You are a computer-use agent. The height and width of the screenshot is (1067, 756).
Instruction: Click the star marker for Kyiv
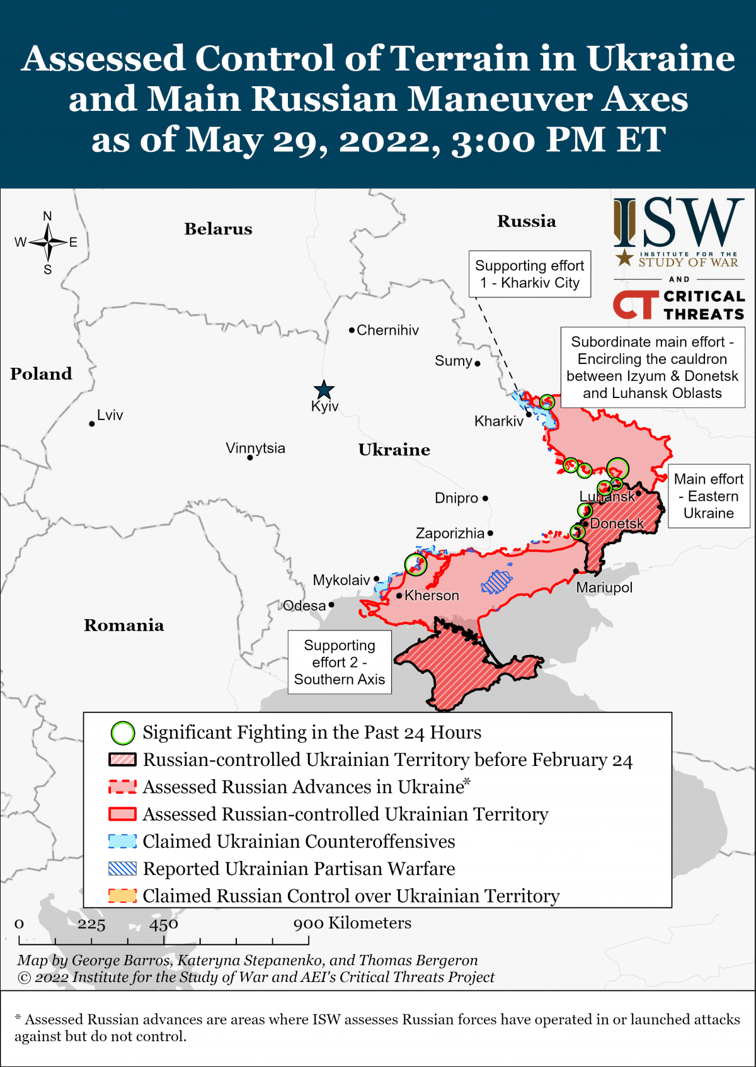[x=324, y=390]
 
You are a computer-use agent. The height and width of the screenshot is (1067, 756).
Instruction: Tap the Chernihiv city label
[x=387, y=330]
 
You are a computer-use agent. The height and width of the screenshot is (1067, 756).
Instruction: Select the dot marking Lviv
[x=92, y=424]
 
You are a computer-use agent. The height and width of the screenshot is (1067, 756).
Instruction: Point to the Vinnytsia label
[x=255, y=448]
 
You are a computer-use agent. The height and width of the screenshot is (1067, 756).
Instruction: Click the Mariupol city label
[x=604, y=588]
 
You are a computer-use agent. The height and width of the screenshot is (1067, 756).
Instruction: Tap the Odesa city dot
[x=331, y=605]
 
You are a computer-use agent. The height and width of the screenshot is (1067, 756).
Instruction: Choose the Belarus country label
[x=218, y=229]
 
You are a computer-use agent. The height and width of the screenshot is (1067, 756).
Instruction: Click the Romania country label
[x=124, y=625]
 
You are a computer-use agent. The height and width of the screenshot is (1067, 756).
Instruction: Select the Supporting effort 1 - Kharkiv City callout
[x=529, y=274]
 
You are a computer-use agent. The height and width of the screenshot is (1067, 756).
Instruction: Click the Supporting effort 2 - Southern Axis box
[x=340, y=662]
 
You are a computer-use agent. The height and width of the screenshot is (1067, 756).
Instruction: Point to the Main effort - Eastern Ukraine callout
[x=709, y=496]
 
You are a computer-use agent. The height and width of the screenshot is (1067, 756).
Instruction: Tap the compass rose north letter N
[x=47, y=216]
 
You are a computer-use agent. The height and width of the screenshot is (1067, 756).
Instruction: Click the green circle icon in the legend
[x=123, y=733]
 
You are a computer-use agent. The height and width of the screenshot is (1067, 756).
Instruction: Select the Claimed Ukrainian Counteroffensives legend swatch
[x=122, y=842]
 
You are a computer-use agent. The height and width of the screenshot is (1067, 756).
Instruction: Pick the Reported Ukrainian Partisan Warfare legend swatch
[x=122, y=869]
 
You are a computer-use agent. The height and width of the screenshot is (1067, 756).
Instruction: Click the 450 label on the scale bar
[x=164, y=924]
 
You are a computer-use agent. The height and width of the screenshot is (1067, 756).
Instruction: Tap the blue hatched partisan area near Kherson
[x=496, y=581]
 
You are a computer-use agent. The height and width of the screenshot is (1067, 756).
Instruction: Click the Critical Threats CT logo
[x=635, y=305]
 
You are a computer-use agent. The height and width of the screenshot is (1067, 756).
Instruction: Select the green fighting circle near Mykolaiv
[x=415, y=564]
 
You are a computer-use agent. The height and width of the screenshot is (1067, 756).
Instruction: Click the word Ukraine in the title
[x=661, y=58]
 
